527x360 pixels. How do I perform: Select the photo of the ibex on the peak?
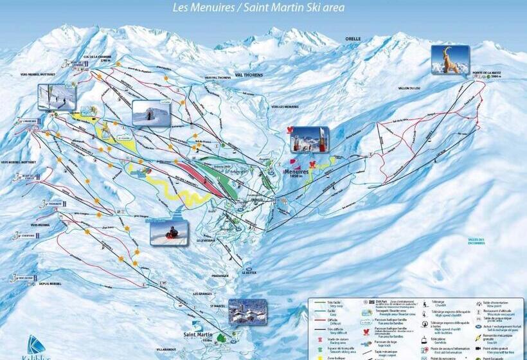449,60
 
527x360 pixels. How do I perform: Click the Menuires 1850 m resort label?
296,174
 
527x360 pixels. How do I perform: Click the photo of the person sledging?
169,232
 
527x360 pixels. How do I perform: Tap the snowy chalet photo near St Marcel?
247,312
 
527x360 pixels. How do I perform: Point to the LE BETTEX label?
249,273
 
